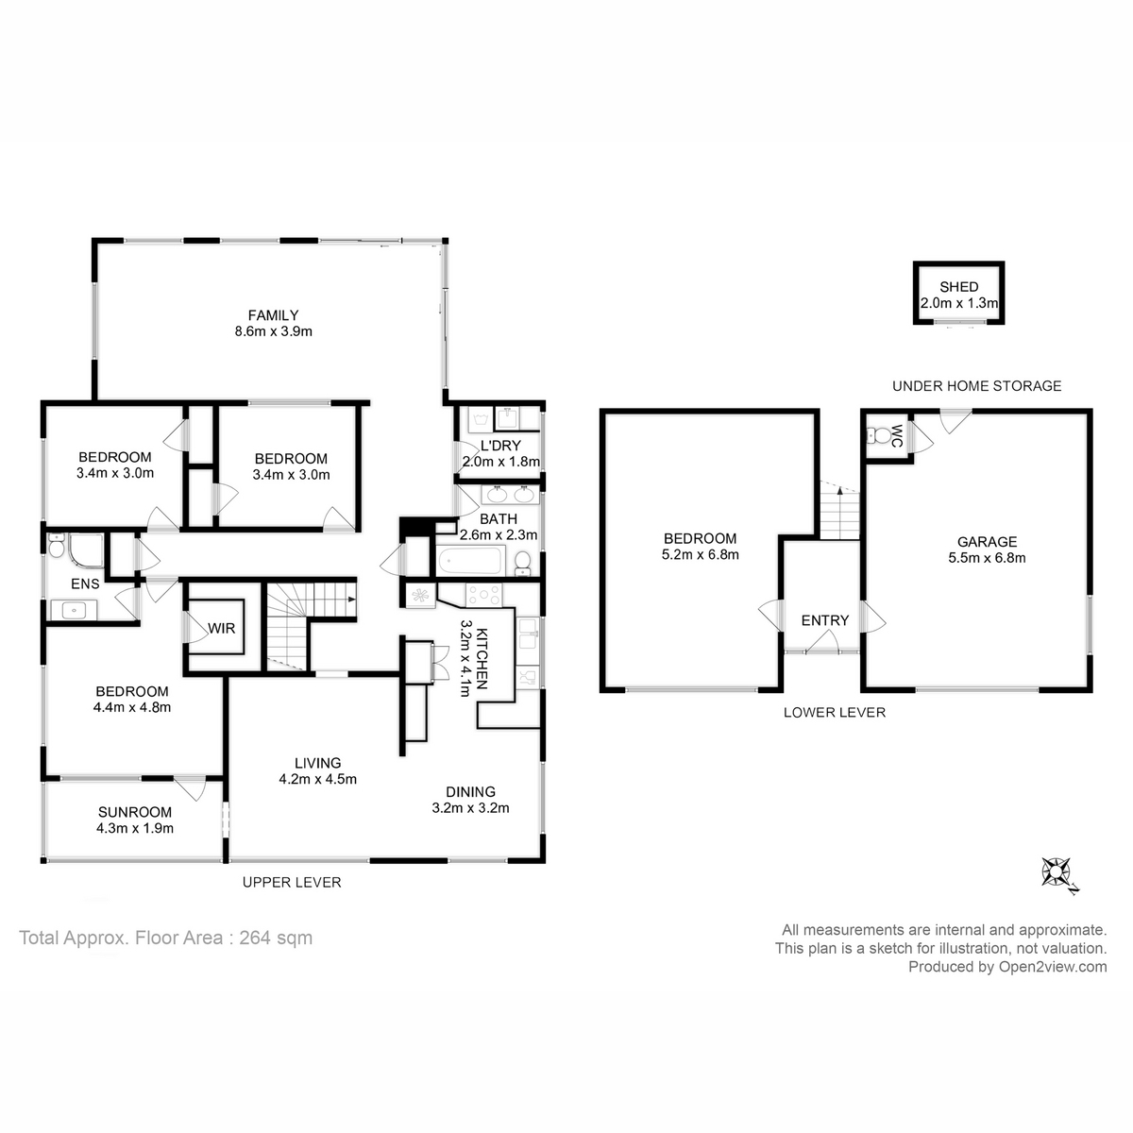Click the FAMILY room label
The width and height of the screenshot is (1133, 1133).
273,315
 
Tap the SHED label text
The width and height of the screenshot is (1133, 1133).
959,287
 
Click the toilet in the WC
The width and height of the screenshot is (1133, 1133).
878,435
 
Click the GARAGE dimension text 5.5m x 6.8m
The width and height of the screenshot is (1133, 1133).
987,557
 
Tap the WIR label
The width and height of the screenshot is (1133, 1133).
222,629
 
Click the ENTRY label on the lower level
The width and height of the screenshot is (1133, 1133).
825,620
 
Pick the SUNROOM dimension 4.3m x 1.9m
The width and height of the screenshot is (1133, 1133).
135,828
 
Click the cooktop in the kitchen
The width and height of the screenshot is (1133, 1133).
484,595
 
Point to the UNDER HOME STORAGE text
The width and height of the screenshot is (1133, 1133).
976,386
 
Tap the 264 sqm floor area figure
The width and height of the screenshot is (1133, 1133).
276,938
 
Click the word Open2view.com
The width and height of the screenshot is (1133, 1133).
1053,967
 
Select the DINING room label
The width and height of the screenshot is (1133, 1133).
470,791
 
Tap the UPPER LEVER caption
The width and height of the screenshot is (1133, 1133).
292,882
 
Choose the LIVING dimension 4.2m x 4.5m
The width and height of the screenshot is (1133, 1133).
317,778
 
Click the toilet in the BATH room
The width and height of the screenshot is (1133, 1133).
522,563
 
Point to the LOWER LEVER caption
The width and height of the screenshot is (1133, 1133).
835,712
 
